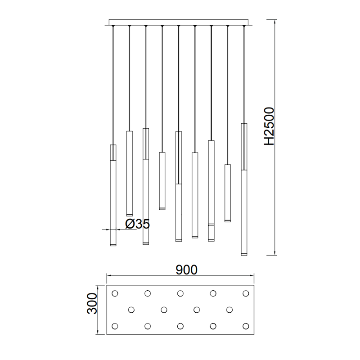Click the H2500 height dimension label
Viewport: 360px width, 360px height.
269,126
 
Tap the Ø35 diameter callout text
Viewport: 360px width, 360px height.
138,224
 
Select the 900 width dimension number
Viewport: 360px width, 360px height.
186,270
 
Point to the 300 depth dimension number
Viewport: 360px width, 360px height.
92,303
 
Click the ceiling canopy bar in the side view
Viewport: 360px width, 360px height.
179,22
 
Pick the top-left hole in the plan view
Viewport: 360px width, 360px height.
115,293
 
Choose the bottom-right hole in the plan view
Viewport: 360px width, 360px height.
246,326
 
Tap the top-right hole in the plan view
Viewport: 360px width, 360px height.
246,293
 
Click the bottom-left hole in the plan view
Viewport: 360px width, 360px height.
115,326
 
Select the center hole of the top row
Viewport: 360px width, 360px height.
180,293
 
